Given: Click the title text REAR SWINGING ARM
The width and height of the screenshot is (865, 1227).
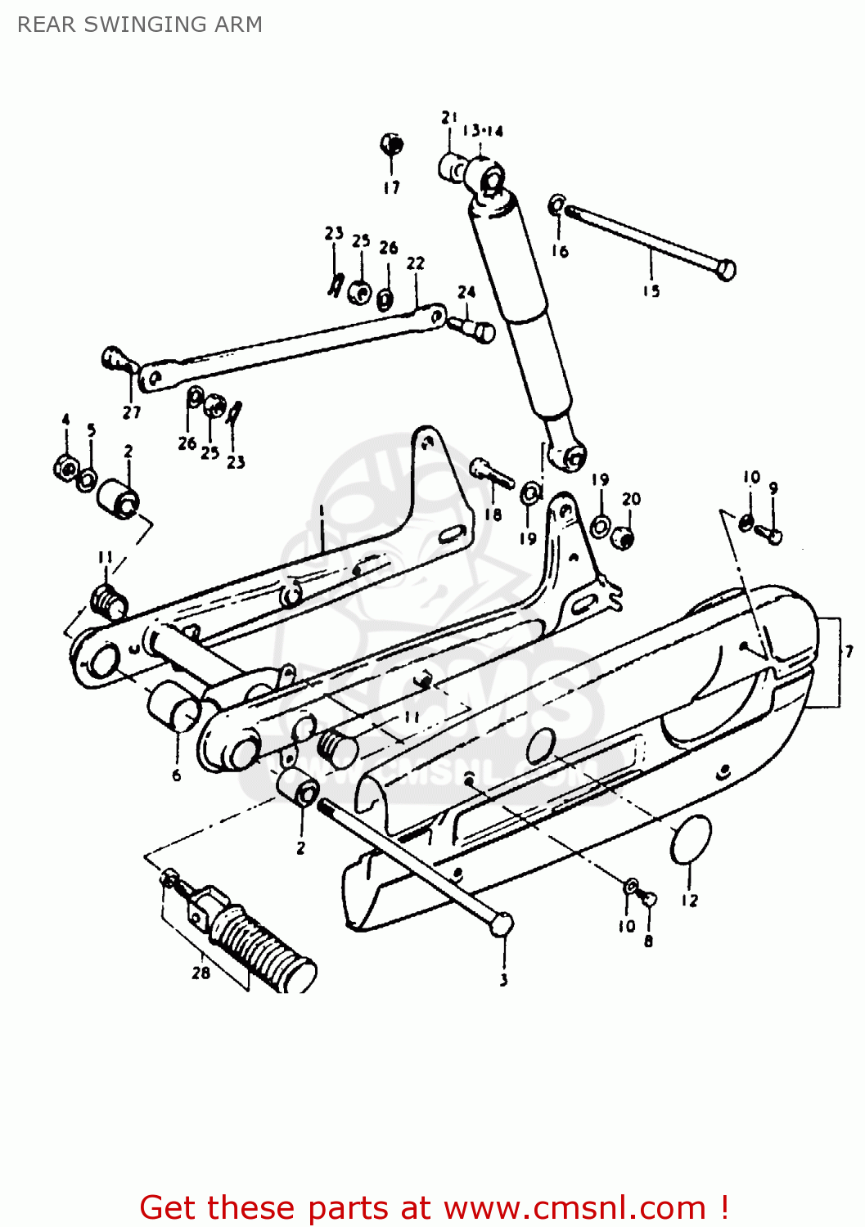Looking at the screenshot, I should pyautogui.click(x=140, y=25).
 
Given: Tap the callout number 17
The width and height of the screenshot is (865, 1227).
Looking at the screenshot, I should pyautogui.click(x=392, y=187).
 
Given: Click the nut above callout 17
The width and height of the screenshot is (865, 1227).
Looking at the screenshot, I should pyautogui.click(x=392, y=146).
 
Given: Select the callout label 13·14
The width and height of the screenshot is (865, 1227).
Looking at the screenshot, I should pyautogui.click(x=483, y=131).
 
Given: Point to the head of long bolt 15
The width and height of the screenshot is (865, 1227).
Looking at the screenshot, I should pyautogui.click(x=725, y=269).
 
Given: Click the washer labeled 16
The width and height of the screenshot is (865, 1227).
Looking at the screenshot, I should pyautogui.click(x=557, y=204).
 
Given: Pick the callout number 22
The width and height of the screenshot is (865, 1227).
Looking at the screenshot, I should pyautogui.click(x=416, y=263).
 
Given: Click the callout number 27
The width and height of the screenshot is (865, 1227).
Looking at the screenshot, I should pyautogui.click(x=132, y=413).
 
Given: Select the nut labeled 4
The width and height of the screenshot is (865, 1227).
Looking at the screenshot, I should pyautogui.click(x=65, y=469).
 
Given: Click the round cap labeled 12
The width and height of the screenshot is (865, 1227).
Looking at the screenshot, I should pyautogui.click(x=691, y=840).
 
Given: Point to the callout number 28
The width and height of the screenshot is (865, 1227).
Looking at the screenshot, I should pyautogui.click(x=200, y=973).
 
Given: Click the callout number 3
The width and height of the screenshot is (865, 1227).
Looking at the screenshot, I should pyautogui.click(x=503, y=979).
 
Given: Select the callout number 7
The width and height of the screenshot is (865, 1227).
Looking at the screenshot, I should pyautogui.click(x=849, y=651).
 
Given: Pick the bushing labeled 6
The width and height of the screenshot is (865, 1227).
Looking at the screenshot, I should pyautogui.click(x=173, y=704).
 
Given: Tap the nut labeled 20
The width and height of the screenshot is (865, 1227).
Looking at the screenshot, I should pyautogui.click(x=625, y=538).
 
